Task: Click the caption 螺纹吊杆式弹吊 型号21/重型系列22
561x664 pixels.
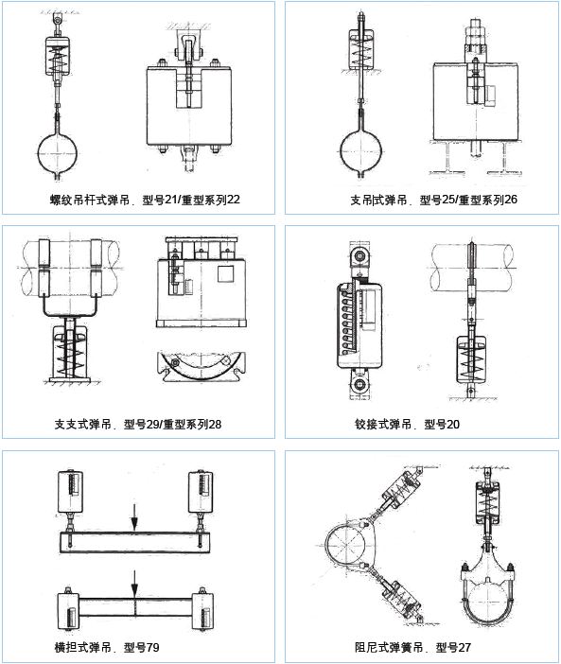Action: coord(145,200)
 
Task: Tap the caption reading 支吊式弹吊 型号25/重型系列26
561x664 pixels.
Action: coord(433,200)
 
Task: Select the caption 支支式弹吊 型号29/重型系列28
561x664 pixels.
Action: coord(138,424)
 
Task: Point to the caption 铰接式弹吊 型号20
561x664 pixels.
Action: coord(407,424)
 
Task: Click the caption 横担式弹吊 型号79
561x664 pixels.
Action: coord(107,647)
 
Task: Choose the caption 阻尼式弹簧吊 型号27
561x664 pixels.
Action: coord(412,647)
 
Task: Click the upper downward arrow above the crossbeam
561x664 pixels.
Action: coord(134,516)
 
